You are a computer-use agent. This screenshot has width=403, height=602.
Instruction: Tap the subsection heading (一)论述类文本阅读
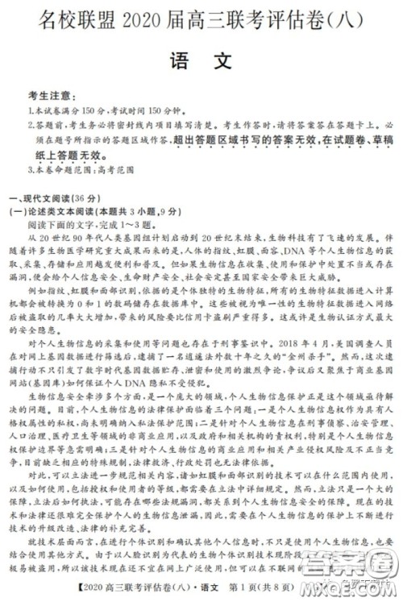tap(61, 211)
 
